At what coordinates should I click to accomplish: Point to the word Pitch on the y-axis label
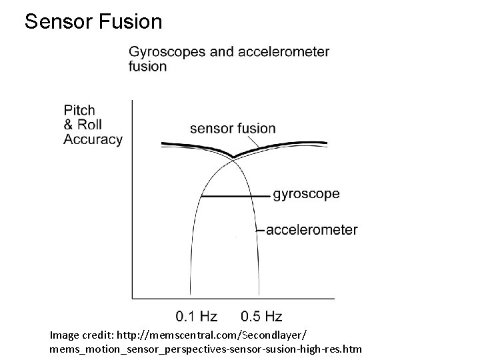(x=79, y=110)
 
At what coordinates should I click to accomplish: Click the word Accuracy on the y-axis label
(x=93, y=139)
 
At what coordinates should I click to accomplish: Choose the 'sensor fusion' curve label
(x=233, y=129)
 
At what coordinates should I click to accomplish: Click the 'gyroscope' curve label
(x=306, y=195)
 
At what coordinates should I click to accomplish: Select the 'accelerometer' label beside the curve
(x=311, y=230)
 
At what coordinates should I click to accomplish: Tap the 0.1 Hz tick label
(x=197, y=316)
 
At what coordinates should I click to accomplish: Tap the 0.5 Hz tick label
(x=261, y=316)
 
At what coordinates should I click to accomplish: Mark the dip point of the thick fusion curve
(x=233, y=157)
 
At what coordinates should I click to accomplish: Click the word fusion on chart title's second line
(x=147, y=67)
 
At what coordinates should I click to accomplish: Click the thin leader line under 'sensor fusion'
(x=254, y=141)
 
